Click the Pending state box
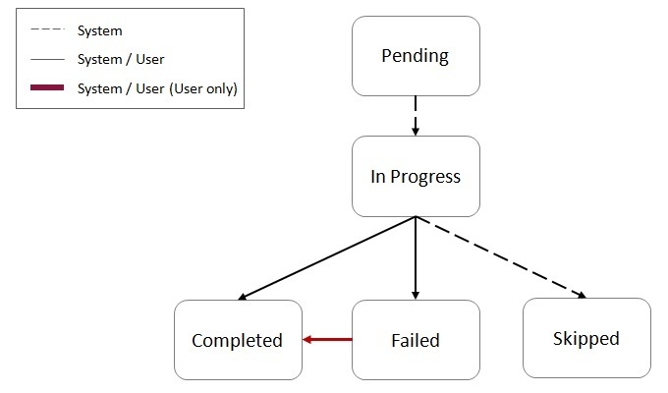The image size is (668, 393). coord(416,56)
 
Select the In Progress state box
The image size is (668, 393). coord(416,177)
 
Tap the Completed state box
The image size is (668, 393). coord(237,340)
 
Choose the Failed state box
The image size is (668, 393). coord(416,340)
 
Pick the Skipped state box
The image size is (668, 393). coord(586,339)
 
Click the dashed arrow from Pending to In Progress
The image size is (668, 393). coord(416,115)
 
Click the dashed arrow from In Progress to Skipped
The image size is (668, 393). coord(501,256)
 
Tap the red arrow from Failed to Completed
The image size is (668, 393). coord(327,340)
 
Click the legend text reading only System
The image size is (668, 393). coord(100,30)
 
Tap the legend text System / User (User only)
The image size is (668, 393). coord(157,88)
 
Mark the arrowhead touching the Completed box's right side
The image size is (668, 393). coord(307,340)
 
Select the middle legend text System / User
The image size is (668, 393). coord(121,59)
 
